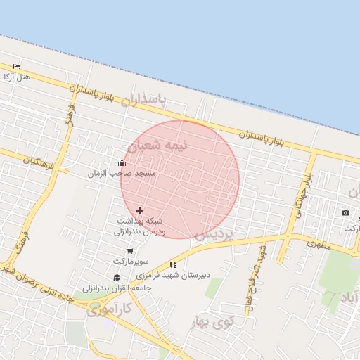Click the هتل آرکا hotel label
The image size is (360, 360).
coord(17,76)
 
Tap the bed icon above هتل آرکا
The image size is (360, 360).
coord(17,66)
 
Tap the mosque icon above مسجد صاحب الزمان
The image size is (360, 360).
coord(122,164)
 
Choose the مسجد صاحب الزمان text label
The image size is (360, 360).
coord(122,173)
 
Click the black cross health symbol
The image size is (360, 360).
coord(139,210)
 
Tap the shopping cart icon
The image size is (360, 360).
coord(130,251)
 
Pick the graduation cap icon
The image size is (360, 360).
coord(116,278)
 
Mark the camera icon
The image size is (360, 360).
coord(345,213)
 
